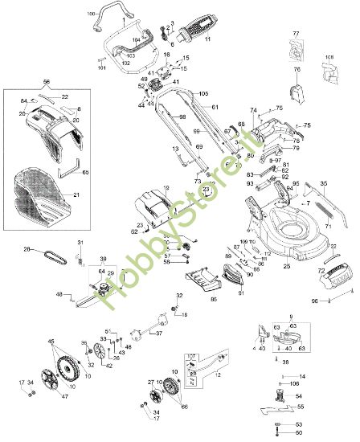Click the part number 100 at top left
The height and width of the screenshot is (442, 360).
click(90, 14)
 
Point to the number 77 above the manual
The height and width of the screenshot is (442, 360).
click(295, 33)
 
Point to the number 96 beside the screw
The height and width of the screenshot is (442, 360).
click(315, 301)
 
